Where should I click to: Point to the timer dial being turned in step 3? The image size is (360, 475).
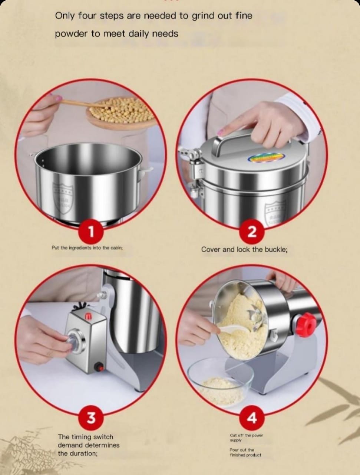(75, 341)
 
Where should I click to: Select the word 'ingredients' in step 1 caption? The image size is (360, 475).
(80, 248)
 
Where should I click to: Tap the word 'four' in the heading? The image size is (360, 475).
(86, 16)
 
